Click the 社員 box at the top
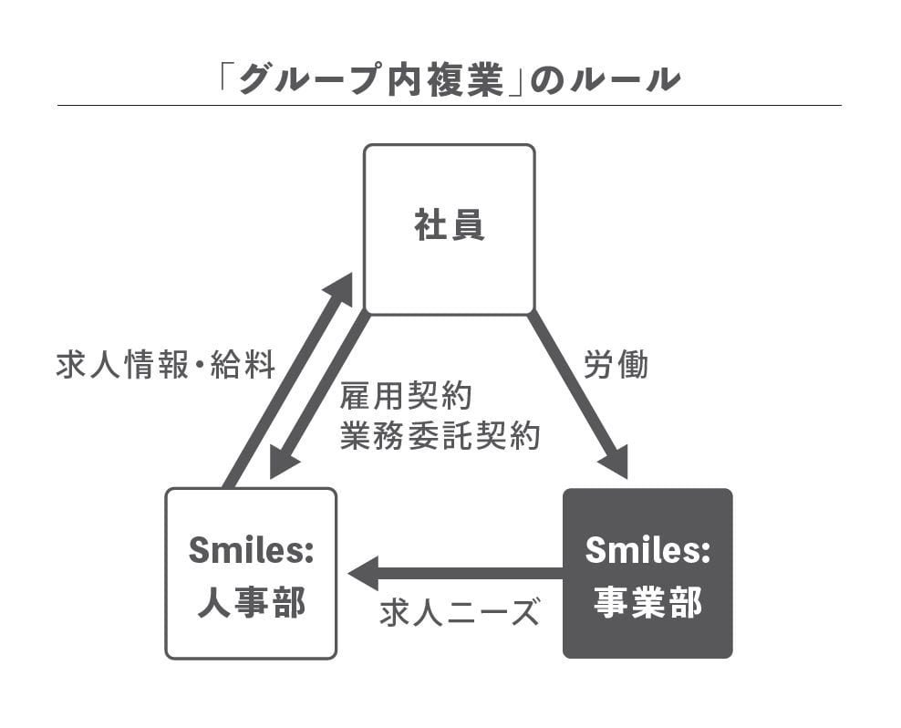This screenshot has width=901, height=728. click(x=449, y=229)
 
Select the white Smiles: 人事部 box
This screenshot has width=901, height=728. click(x=251, y=573)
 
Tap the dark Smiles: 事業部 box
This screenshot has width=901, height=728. click(x=647, y=573)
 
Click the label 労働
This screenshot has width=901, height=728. click(x=616, y=364)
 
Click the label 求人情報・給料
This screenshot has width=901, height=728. click(x=165, y=366)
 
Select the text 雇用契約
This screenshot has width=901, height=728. click(x=406, y=398)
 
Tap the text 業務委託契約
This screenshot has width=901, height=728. click(x=440, y=436)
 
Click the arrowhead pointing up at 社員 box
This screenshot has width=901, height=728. click(x=339, y=287)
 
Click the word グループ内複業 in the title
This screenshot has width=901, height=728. click(x=369, y=80)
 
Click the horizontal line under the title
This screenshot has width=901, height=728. click(x=449, y=106)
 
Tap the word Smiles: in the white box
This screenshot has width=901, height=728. click(x=251, y=550)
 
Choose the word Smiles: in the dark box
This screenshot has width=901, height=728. click(x=647, y=550)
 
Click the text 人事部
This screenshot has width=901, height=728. click(x=251, y=602)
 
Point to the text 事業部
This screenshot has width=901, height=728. click(x=647, y=602)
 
